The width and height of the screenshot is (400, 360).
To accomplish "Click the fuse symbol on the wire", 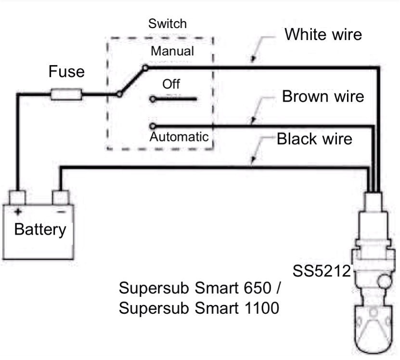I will [x=67, y=94].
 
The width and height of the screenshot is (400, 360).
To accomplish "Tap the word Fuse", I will [x=66, y=72].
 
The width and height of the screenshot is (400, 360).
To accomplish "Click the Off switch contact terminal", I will [x=152, y=99].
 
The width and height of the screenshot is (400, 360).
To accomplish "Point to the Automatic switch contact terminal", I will [x=152, y=125].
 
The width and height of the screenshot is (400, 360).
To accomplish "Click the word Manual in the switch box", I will [x=172, y=51].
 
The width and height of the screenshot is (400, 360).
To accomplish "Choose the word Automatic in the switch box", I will [x=179, y=136].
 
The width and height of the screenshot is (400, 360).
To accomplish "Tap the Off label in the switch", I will [x=171, y=84].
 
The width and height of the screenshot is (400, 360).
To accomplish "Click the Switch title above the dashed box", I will [x=167, y=23].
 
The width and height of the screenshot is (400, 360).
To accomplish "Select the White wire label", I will [x=323, y=35].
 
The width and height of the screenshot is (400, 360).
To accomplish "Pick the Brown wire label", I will [x=323, y=96].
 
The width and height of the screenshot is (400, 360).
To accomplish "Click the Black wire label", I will [x=315, y=139].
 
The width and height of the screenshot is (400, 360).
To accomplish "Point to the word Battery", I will [x=39, y=229].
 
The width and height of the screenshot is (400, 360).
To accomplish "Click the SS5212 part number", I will [x=322, y=271].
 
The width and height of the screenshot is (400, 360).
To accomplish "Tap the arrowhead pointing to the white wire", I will [x=252, y=60].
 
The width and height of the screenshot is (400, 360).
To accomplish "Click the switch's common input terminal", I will [x=119, y=94].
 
